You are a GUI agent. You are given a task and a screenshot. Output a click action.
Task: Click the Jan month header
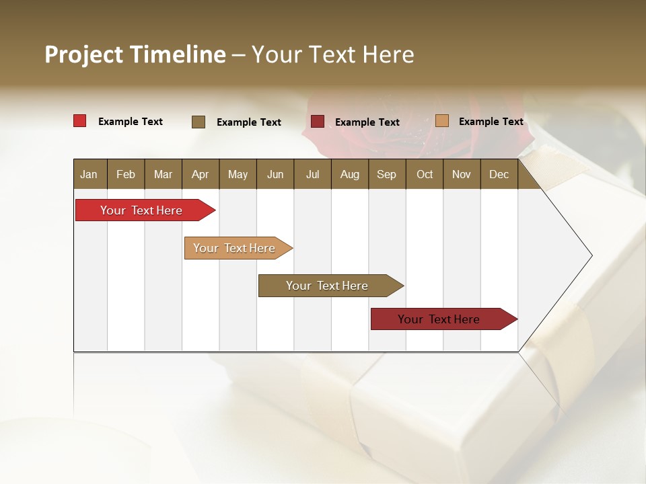tap(89, 174)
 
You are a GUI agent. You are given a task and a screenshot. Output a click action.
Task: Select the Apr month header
tap(200, 174)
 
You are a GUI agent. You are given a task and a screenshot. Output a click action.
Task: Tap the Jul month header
tap(312, 174)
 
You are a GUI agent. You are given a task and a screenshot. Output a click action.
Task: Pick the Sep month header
tap(386, 174)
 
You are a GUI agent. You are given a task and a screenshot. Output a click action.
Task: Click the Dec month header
tap(499, 174)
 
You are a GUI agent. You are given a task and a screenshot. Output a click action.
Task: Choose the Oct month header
tap(424, 174)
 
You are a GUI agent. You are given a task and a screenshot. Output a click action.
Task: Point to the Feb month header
tap(126, 174)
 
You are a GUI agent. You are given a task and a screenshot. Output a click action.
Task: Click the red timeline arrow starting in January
tap(141, 210)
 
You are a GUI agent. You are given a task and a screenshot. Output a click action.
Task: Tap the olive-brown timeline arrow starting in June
tap(327, 286)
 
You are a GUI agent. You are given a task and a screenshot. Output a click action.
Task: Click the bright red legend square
tap(80, 121)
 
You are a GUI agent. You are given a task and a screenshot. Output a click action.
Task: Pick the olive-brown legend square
tap(199, 122)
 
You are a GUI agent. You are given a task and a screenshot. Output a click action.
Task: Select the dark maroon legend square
tap(318, 122)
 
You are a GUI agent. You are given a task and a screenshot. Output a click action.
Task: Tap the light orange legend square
tap(442, 121)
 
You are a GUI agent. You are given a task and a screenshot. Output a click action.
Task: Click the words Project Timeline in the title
tap(135, 54)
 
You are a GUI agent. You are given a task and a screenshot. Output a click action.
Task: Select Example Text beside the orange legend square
tap(491, 122)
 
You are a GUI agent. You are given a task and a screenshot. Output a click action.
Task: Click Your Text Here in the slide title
tap(332, 54)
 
